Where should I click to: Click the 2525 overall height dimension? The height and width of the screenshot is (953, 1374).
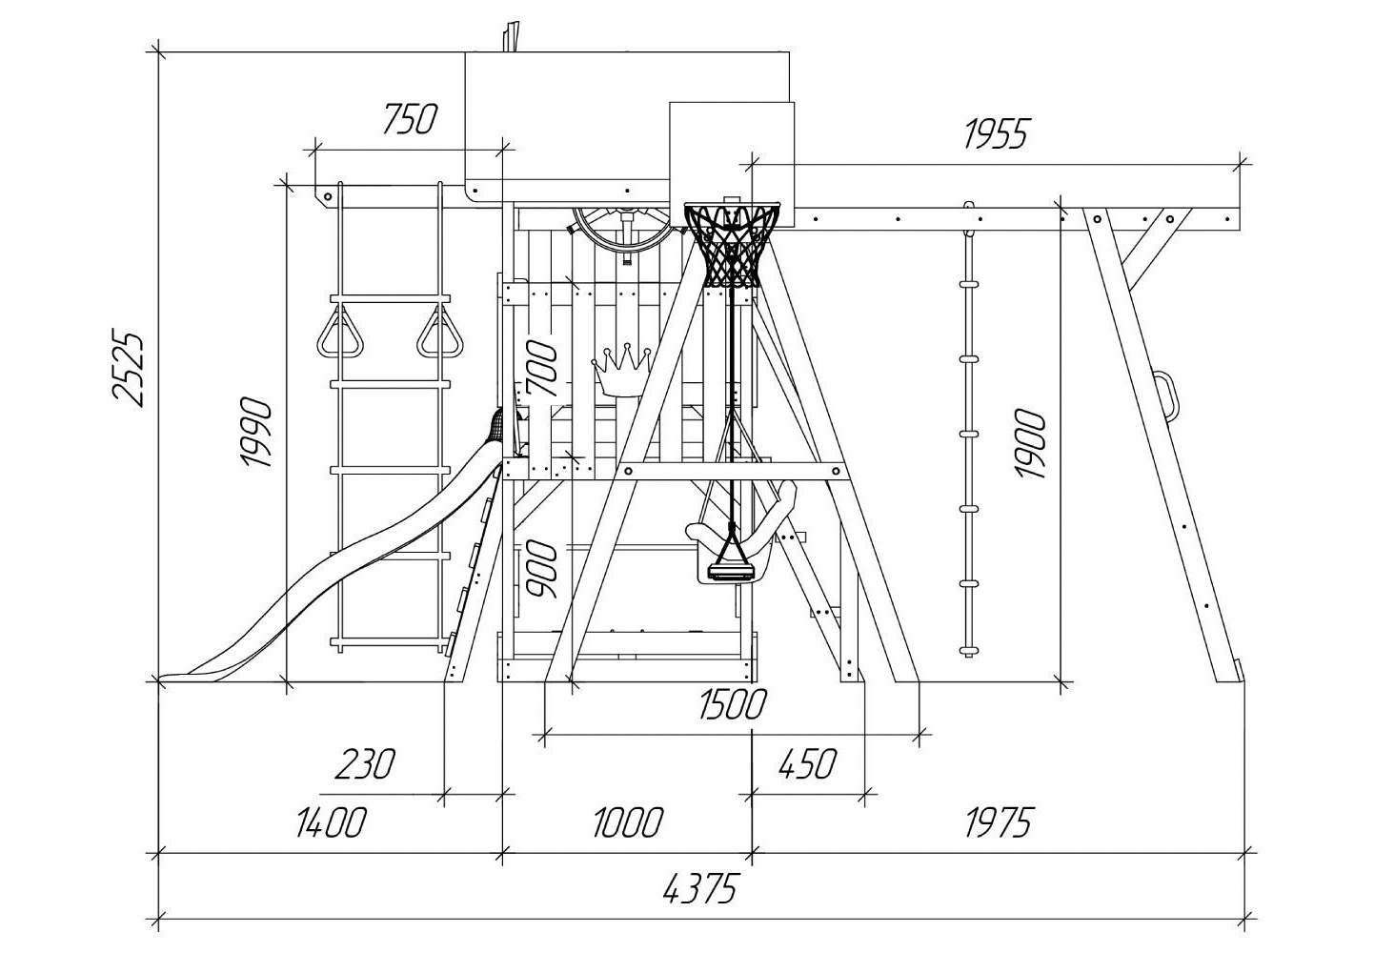[x=130, y=370]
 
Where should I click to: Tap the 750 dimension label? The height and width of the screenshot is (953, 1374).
[x=410, y=119]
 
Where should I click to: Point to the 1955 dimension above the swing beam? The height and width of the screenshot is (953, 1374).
[x=996, y=133]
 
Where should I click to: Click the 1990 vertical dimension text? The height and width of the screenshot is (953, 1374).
[x=255, y=432]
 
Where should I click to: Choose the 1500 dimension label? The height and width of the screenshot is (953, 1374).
[x=734, y=704]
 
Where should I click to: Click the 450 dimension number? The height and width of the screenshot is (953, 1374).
[x=808, y=764]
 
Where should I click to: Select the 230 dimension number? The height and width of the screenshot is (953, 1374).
[x=366, y=764]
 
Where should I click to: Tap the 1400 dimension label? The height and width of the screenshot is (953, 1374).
[x=332, y=822]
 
